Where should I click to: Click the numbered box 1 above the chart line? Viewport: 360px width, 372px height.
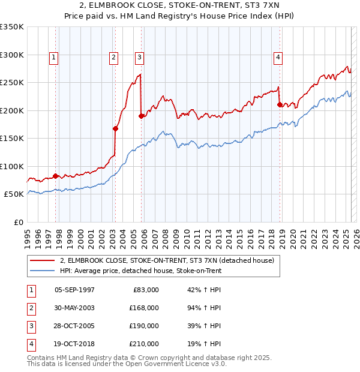54,58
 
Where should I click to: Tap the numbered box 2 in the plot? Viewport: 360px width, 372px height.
113,58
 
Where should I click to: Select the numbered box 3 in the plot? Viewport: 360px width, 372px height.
139,58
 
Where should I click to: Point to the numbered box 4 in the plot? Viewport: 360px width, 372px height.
278,58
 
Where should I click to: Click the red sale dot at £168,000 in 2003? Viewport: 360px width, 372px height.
115,128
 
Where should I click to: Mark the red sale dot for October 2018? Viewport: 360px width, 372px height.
280,104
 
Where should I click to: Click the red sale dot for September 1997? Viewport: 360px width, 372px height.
55,176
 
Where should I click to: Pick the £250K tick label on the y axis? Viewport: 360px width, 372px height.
12,82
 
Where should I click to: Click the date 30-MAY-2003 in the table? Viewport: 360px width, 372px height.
74,307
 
